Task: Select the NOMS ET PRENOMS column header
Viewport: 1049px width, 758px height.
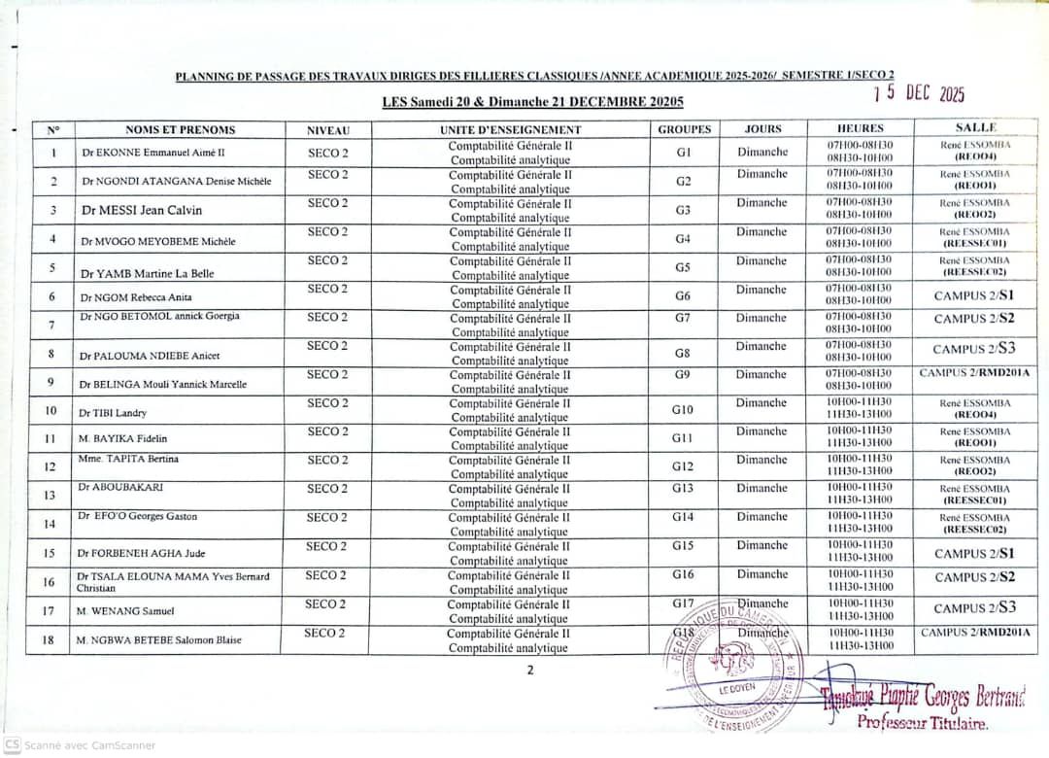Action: [180, 129]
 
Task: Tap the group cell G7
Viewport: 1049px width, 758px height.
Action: [683, 318]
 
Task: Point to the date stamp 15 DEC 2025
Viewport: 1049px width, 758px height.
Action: [918, 93]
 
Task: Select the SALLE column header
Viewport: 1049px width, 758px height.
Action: [975, 127]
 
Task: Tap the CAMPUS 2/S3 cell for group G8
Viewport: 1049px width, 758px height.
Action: [974, 349]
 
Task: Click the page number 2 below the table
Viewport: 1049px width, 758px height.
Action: [530, 669]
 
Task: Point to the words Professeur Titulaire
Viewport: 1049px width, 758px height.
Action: [922, 722]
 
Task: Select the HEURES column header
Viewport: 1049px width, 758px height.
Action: [860, 128]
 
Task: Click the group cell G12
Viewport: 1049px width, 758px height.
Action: [683, 466]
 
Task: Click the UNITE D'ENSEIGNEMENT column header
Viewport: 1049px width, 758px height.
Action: [510, 129]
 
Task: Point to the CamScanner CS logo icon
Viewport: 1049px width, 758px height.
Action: [12, 744]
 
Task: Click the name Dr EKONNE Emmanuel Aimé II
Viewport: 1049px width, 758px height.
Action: [152, 153]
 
